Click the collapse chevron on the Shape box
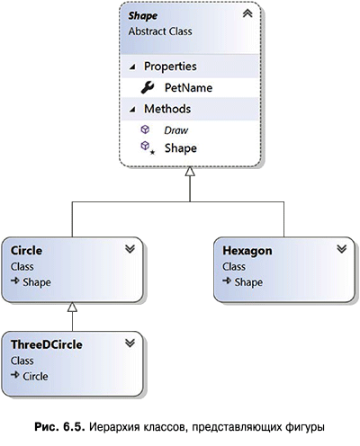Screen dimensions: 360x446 247,13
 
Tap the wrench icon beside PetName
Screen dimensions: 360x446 148,87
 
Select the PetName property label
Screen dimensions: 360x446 188,88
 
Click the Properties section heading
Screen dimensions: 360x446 170,67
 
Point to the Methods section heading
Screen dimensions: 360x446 167,109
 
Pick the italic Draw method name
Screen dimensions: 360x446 176,130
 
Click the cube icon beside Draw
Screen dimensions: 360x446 145,129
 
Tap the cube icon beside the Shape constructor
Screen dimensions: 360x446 145,146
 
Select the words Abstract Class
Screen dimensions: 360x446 160,31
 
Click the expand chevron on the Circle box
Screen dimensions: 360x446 130,249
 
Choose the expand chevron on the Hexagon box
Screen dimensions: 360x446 342,249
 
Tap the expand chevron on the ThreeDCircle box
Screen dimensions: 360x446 130,343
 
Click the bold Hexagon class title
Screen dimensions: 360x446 247,251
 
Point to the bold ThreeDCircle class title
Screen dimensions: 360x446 47,344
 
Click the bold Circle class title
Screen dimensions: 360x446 26,251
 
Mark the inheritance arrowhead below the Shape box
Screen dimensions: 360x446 190,172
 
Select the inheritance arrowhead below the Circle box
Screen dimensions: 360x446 72,307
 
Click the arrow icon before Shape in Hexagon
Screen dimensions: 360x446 227,281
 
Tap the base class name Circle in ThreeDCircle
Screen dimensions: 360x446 35,376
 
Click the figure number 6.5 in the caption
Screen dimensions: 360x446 74,427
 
